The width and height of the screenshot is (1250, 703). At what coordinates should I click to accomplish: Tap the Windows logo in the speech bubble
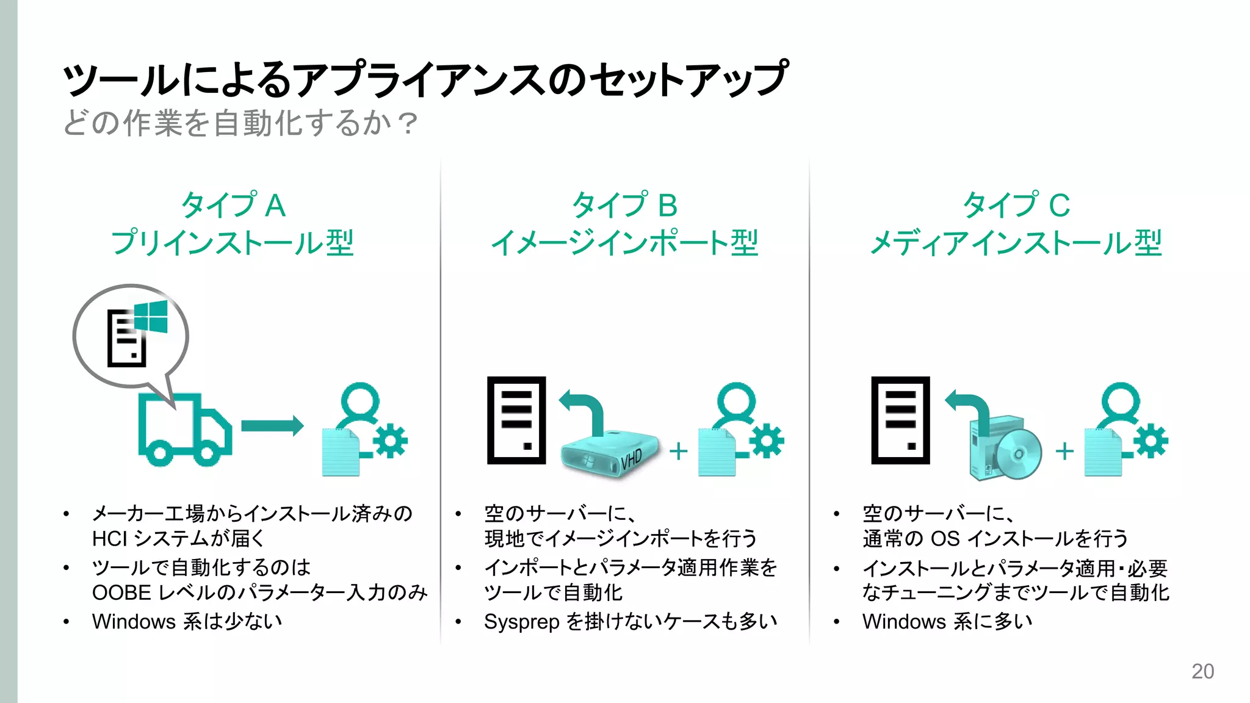click(x=151, y=317)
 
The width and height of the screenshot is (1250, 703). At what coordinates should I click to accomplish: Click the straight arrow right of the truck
click(x=272, y=425)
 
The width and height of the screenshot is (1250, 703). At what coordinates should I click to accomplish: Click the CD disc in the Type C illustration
click(x=1017, y=454)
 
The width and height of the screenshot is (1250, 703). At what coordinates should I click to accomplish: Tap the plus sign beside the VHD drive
click(x=678, y=452)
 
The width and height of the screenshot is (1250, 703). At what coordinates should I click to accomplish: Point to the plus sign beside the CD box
click(x=1064, y=452)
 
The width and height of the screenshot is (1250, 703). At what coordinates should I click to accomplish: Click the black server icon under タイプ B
click(x=516, y=420)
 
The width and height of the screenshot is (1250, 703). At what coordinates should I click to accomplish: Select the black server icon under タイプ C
click(x=900, y=420)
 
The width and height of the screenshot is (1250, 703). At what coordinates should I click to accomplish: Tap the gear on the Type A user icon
click(x=390, y=441)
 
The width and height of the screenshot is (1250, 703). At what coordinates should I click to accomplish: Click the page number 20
click(x=1202, y=671)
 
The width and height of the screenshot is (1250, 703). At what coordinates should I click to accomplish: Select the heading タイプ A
click(x=233, y=205)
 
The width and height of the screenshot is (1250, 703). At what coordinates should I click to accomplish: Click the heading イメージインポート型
click(x=624, y=243)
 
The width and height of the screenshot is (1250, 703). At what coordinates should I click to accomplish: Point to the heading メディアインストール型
click(x=1016, y=243)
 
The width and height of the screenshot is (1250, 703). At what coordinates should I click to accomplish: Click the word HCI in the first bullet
click(x=109, y=539)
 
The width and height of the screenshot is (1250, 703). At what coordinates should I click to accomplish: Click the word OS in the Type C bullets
click(x=945, y=539)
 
